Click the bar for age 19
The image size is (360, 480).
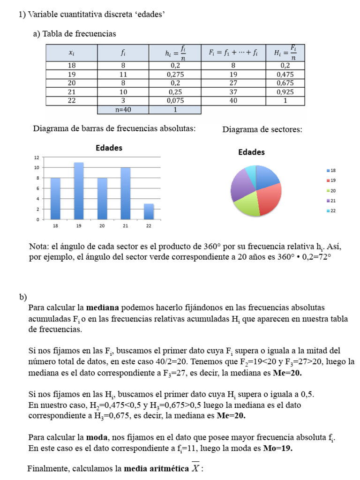[x=79, y=191]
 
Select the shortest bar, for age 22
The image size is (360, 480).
[x=149, y=211]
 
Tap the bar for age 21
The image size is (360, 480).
[x=125, y=193]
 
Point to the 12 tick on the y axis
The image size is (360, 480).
[x=36, y=157]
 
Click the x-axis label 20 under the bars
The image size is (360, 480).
[x=102, y=226]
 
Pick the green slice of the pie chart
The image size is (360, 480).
[x=247, y=204]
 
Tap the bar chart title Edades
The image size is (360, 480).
[x=109, y=148]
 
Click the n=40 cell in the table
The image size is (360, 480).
[x=123, y=110]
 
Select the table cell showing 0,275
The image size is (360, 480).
[x=175, y=74]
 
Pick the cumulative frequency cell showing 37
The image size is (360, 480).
[x=233, y=92]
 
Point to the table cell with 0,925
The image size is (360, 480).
[x=285, y=92]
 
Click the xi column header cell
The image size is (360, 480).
[x=71, y=53]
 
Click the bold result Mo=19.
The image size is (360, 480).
[x=278, y=448]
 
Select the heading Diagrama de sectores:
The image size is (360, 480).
[x=262, y=129]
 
